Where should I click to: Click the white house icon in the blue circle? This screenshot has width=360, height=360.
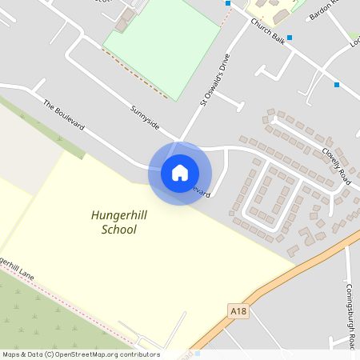pyautogui.click(x=180, y=173)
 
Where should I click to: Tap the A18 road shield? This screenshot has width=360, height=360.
pyautogui.click(x=238, y=311)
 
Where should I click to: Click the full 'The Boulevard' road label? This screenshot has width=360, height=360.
pyautogui.click(x=63, y=116)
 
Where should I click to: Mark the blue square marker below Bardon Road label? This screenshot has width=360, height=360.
pyautogui.click(x=290, y=37)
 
